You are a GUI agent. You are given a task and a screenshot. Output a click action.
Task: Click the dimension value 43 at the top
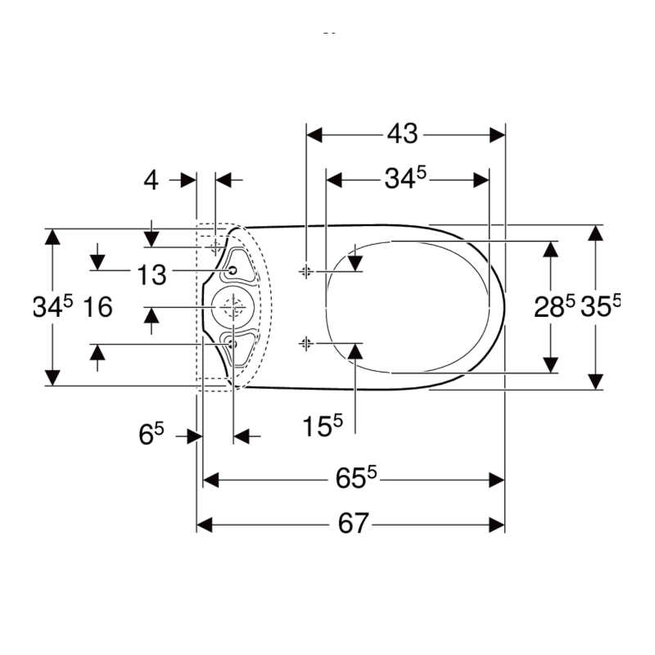[402, 134]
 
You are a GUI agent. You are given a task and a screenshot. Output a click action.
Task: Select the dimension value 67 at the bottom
[354, 523]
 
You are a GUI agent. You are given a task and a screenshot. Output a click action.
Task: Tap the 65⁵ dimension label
[356, 477]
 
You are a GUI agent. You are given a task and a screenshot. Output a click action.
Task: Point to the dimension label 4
[151, 181]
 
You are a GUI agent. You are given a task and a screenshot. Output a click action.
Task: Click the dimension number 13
[151, 275]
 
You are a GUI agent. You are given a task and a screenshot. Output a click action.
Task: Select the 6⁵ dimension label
[151, 434]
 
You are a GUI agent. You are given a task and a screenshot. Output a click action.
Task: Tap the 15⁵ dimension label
[322, 425]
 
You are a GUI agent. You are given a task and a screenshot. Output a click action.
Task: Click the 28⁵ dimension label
[554, 306]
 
